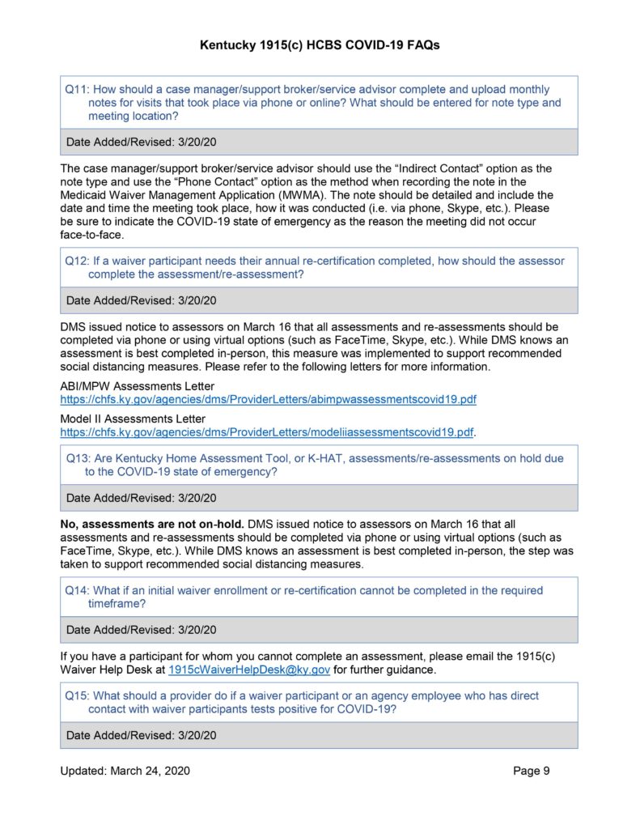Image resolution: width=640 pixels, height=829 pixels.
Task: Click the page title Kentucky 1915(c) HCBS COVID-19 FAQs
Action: coord(320,46)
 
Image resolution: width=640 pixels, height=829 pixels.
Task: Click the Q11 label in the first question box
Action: coord(76,90)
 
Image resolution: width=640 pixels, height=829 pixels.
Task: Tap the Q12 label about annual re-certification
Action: coord(76,261)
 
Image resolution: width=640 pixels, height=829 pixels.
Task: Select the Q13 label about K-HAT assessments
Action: coord(76,458)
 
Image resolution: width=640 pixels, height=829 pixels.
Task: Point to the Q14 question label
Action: coord(76,590)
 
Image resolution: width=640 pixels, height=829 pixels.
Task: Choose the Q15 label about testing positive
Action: coord(76,695)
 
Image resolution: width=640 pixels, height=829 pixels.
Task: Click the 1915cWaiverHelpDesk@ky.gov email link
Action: coord(249,670)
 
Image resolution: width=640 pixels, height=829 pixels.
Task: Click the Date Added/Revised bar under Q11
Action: coord(319,142)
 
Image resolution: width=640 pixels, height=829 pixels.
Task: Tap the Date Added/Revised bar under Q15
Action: coord(319,735)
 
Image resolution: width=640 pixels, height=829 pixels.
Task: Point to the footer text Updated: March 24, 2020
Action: coord(125,771)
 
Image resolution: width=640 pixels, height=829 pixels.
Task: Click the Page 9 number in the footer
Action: coord(531,771)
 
